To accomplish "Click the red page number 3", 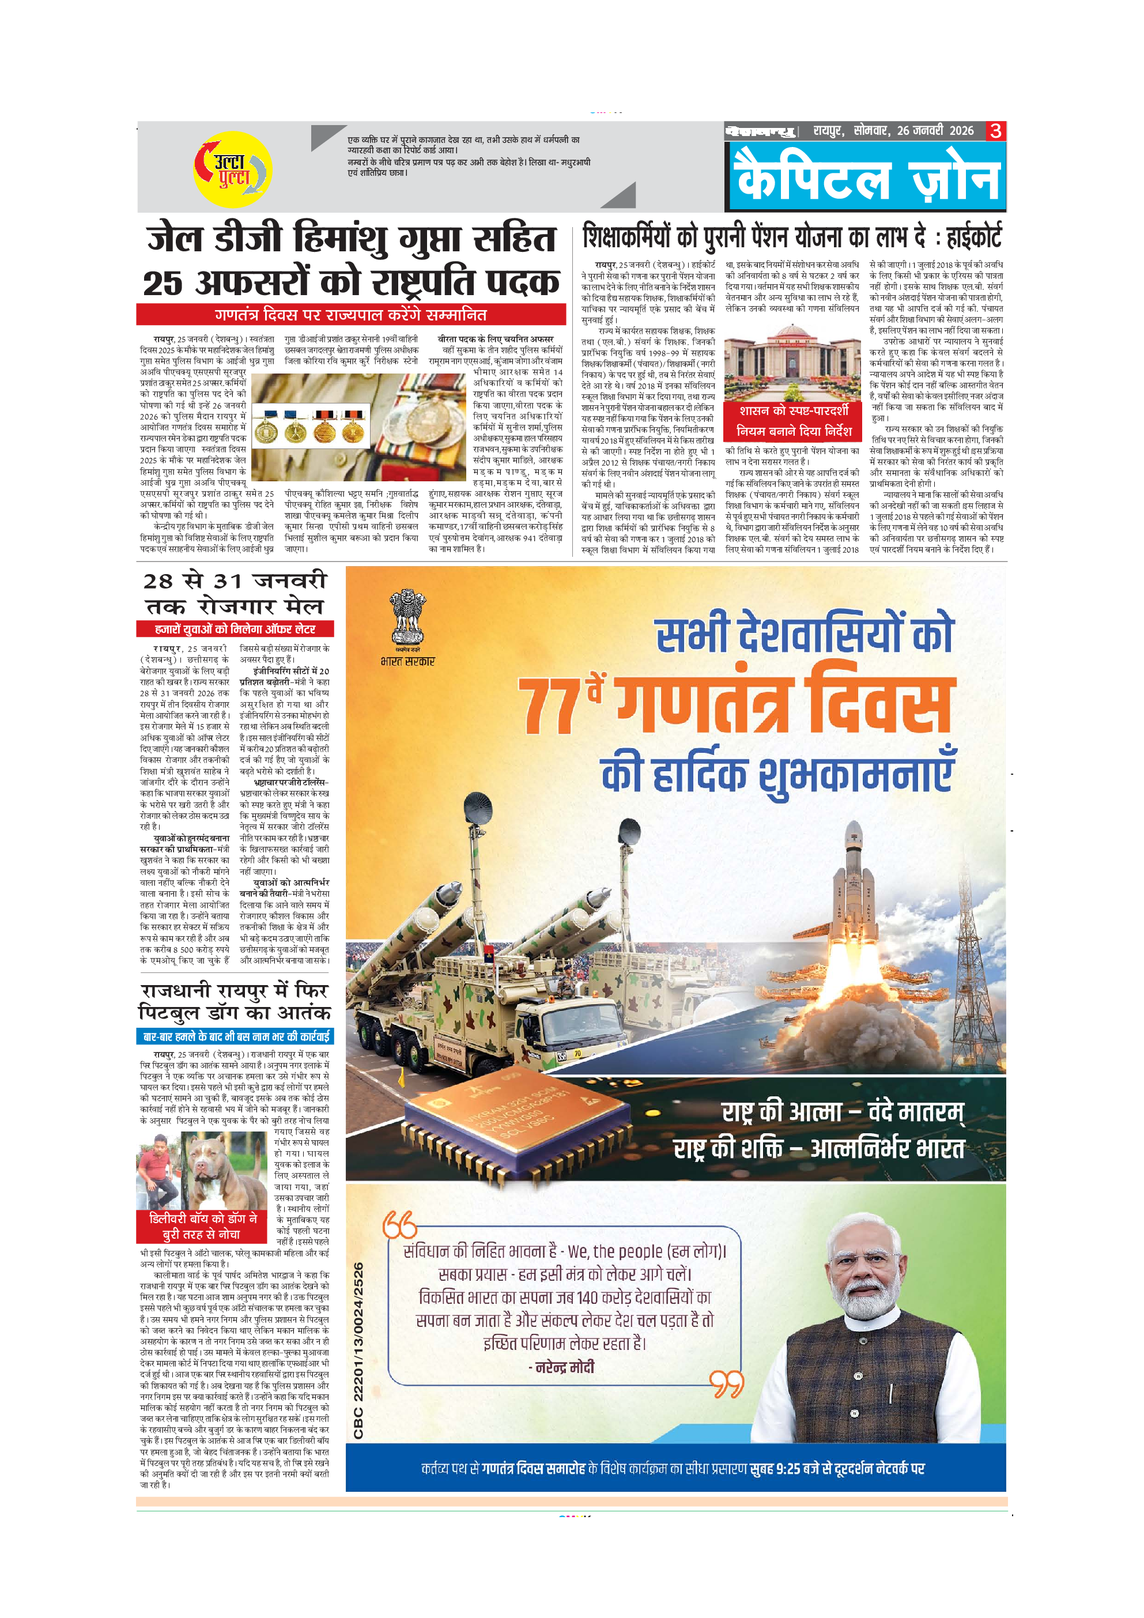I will (x=995, y=131).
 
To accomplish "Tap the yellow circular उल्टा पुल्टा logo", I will (x=232, y=169).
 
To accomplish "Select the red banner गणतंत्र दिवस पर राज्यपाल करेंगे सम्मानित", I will (x=351, y=314).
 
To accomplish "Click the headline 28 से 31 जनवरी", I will (x=235, y=582).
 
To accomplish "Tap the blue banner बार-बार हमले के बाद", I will (x=235, y=1036).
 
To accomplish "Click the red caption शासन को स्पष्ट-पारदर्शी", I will (x=793, y=411).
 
